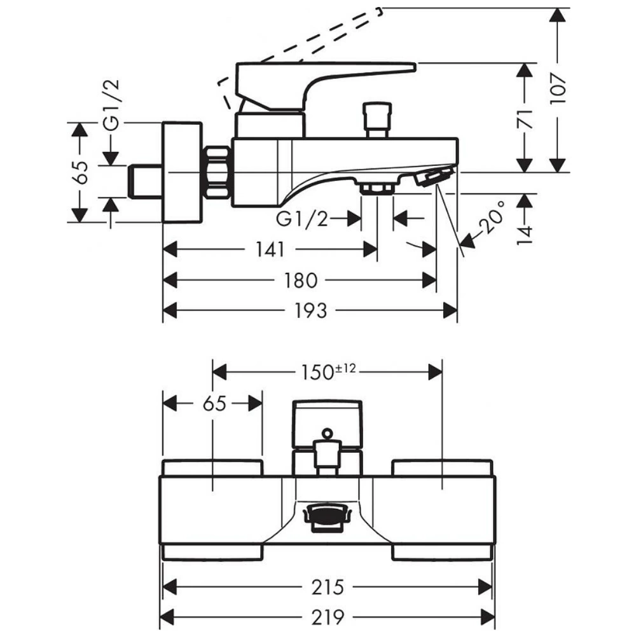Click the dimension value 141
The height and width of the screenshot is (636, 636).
click(270, 249)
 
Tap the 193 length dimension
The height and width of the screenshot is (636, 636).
click(312, 310)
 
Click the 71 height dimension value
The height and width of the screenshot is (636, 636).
click(523, 118)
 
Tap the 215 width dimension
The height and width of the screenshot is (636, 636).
click(328, 586)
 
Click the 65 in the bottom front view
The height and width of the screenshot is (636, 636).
click(214, 403)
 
